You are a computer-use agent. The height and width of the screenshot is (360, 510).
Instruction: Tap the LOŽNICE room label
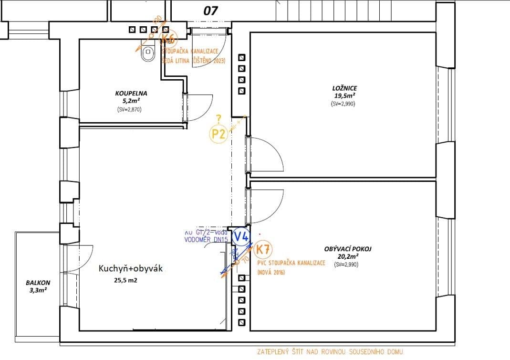(344, 88)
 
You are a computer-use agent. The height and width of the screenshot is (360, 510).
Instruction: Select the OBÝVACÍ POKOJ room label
(347, 249)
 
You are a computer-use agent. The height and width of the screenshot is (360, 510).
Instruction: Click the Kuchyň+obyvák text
(131, 268)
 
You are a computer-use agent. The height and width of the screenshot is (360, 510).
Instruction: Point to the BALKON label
(38, 283)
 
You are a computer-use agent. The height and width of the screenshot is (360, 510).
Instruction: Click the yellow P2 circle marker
(219, 134)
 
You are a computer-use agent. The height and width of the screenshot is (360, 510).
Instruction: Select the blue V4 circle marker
(241, 235)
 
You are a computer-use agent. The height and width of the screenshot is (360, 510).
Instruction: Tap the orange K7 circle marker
(263, 249)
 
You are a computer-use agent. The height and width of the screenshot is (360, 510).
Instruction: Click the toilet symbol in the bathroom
(148, 53)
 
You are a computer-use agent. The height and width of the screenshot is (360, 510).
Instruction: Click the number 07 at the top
(211, 11)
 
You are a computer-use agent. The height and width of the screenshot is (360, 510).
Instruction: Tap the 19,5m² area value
(344, 95)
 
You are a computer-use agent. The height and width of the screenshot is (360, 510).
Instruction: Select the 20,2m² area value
(347, 256)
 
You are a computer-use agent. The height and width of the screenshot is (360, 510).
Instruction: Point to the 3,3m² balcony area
(38, 290)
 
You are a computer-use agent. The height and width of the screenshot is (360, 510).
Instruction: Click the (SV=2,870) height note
(129, 109)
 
